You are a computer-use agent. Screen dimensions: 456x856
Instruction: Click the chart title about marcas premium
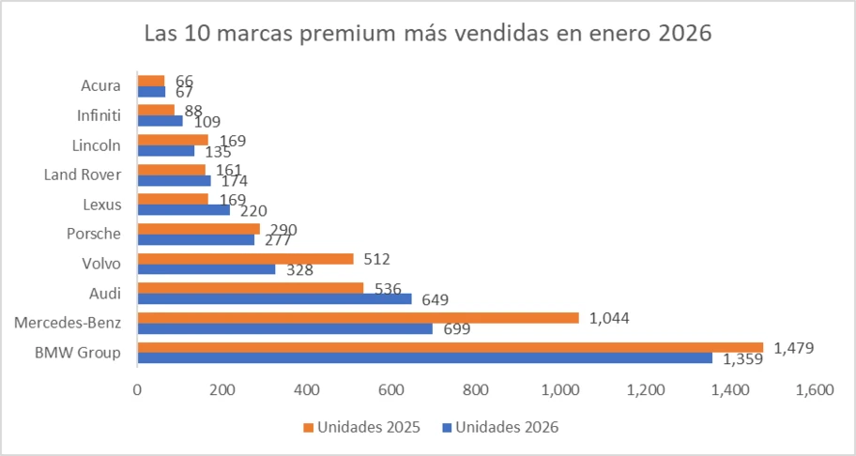coord(428,35)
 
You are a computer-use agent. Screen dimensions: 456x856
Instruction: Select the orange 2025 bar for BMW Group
coord(451,347)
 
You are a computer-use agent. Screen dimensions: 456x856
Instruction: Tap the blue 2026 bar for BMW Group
coord(424,358)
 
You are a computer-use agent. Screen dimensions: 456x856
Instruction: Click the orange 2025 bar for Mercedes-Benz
coord(358,318)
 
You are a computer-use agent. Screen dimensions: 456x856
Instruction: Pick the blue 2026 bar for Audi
coord(274,299)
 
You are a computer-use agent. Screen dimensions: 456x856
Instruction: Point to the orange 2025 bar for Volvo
coord(245,259)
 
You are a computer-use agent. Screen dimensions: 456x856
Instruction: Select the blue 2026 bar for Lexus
coord(183,210)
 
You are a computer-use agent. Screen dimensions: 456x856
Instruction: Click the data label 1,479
coord(793,348)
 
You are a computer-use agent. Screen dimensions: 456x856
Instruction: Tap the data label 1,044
coord(608,318)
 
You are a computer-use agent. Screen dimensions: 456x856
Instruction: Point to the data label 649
coord(435,300)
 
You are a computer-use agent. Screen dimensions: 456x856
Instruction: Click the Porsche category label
coord(94,234)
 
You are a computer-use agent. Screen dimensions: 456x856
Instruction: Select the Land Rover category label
coord(83,175)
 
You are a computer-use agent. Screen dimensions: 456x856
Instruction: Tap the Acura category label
coord(100,85)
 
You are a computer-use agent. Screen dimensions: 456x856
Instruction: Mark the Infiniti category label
coord(98,115)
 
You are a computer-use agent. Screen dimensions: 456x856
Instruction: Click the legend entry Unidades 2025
coord(359,427)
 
